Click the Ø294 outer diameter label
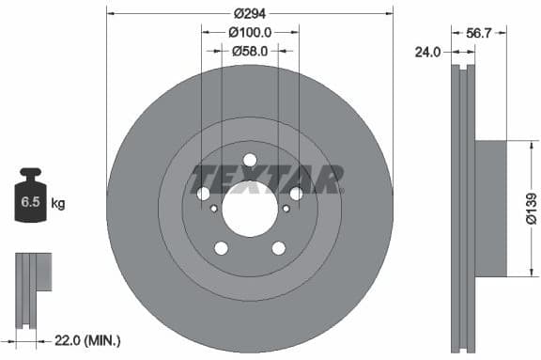(250, 13)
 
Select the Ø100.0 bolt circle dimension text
(250, 32)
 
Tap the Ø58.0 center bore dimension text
(251, 51)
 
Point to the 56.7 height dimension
(479, 32)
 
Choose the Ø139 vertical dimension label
(531, 208)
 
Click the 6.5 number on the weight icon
(30, 201)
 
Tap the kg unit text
(58, 202)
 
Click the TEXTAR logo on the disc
(267, 178)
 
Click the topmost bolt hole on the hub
(250, 160)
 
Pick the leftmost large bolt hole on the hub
(203, 194)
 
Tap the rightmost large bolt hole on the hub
(297, 194)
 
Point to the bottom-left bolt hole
(221, 248)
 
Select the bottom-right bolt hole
(279, 248)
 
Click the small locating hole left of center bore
(214, 209)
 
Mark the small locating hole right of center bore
(286, 209)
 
